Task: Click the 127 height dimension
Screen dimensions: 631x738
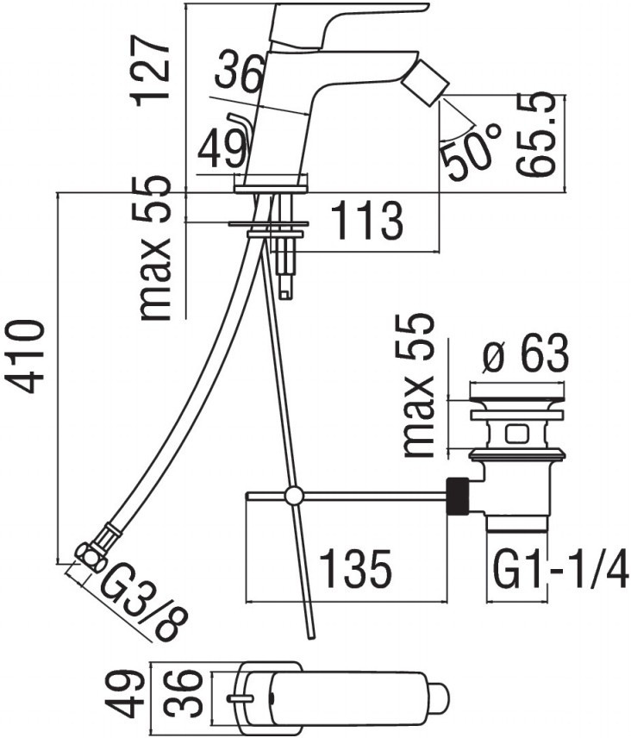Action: (150, 71)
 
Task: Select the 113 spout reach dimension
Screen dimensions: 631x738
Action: (367, 220)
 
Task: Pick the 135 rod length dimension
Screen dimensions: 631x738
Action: (355, 567)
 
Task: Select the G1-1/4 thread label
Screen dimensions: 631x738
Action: (560, 568)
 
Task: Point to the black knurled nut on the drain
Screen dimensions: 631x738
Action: (459, 496)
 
